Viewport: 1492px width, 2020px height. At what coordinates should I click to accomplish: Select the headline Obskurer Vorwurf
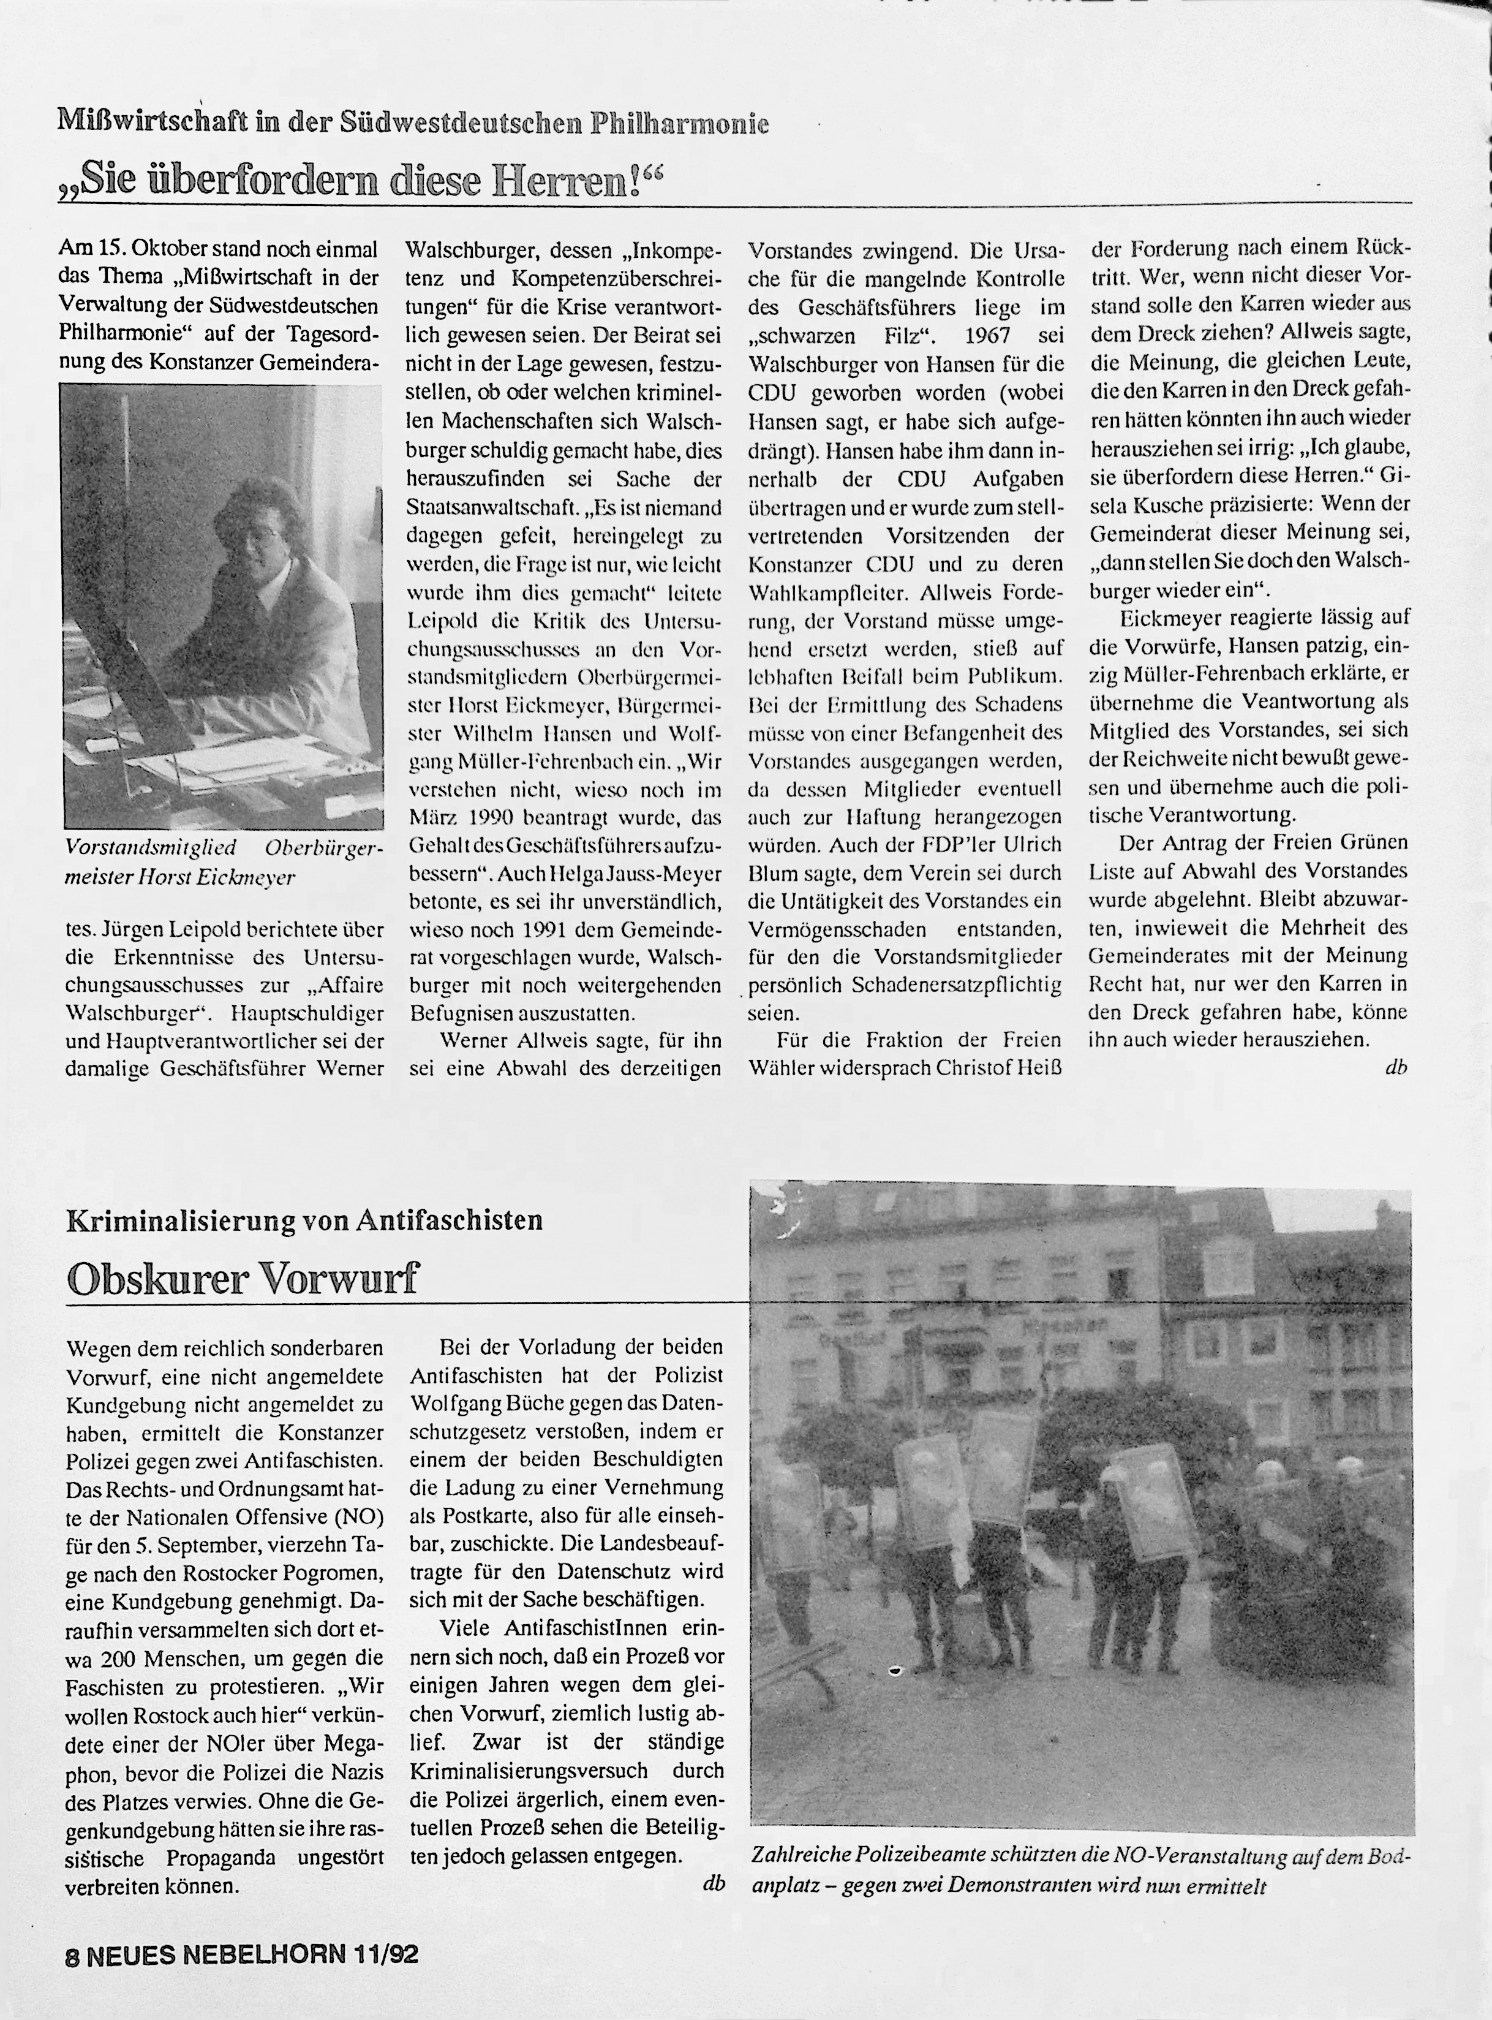[243, 1278]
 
